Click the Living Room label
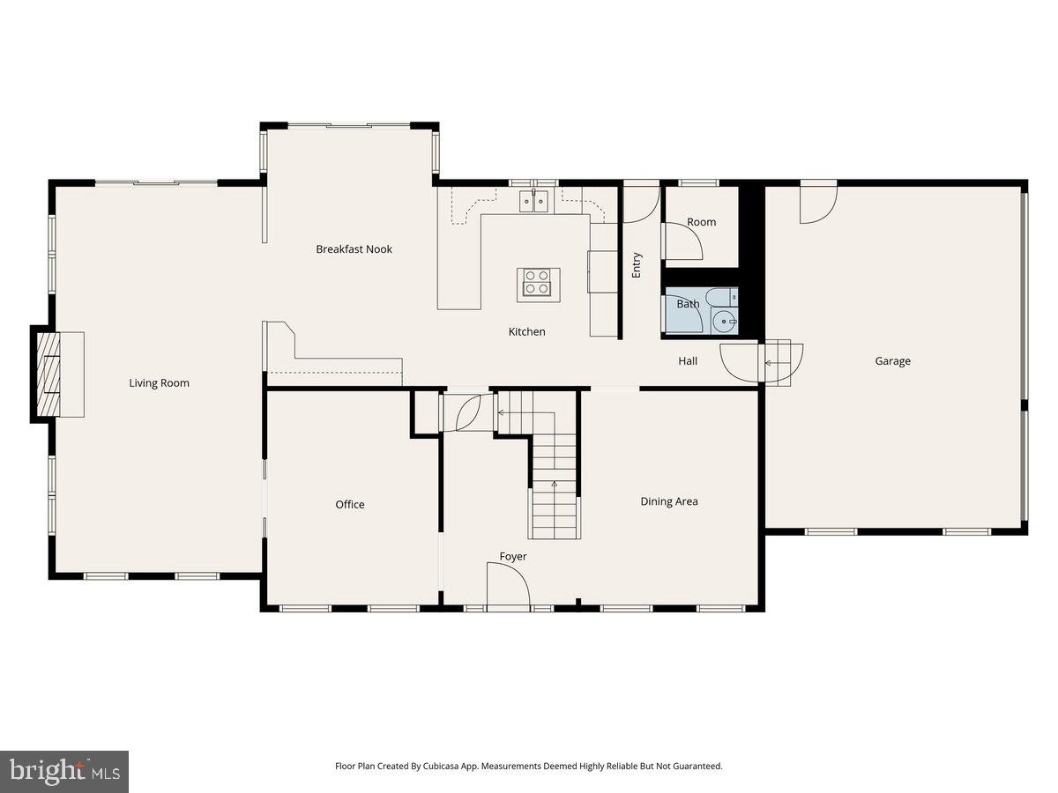159,382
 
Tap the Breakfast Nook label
354,249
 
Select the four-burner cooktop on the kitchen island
537,282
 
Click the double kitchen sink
533,202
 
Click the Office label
349,504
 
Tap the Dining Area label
668,501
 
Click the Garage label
892,360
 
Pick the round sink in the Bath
726,322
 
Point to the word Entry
637,265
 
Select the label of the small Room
701,222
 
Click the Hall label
688,360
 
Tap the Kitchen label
526,331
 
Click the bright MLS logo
64,772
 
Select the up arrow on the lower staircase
555,485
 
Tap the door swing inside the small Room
682,241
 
